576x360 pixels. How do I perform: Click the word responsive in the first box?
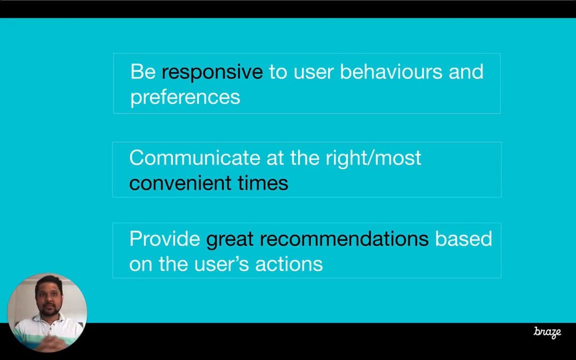click(212, 73)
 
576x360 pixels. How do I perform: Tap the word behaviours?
click(391, 71)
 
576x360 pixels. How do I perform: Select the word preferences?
click(185, 98)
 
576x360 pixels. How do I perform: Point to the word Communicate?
click(195, 157)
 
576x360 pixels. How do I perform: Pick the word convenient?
click(180, 183)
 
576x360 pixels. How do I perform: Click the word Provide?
click(165, 239)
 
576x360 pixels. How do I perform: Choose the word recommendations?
click(344, 239)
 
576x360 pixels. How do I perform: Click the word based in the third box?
click(463, 239)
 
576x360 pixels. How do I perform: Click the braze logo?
click(547, 332)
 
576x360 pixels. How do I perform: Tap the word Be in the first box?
click(143, 71)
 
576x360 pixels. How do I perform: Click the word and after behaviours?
click(466, 71)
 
